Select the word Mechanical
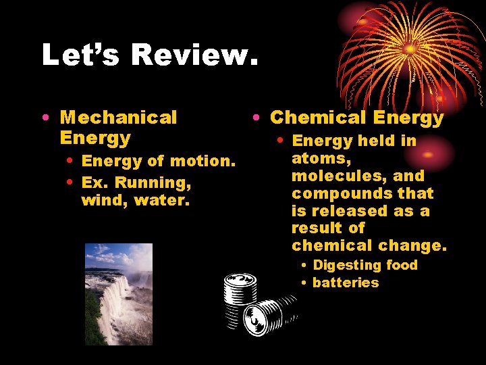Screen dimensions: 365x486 119,118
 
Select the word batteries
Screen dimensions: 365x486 346,283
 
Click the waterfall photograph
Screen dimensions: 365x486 119,294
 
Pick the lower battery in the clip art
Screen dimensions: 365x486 267,314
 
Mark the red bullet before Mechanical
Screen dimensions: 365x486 45,118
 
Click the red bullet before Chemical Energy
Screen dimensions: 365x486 257,118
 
